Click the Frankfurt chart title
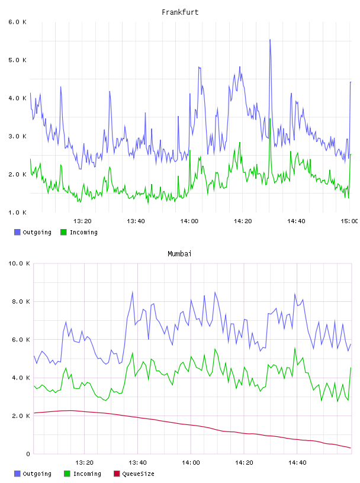(x=180, y=12)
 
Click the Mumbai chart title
(x=179, y=254)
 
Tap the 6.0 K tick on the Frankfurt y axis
(x=18, y=22)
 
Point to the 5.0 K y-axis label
(x=18, y=60)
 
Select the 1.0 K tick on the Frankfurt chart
(x=18, y=212)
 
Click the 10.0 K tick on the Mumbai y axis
(x=19, y=263)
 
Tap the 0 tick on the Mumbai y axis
(x=28, y=454)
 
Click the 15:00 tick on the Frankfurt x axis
(x=349, y=221)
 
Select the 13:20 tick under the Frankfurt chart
(x=82, y=221)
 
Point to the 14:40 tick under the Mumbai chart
(x=297, y=463)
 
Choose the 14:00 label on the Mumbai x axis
(x=191, y=463)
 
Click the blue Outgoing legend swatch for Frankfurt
(x=17, y=232)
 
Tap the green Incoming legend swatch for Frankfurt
(x=63, y=232)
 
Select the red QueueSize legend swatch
(x=117, y=474)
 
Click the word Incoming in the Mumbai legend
(x=87, y=474)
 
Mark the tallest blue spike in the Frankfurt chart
(x=270, y=40)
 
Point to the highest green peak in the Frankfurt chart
(x=270, y=119)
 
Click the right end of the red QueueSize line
(x=351, y=448)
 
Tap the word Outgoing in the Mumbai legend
(x=37, y=474)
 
